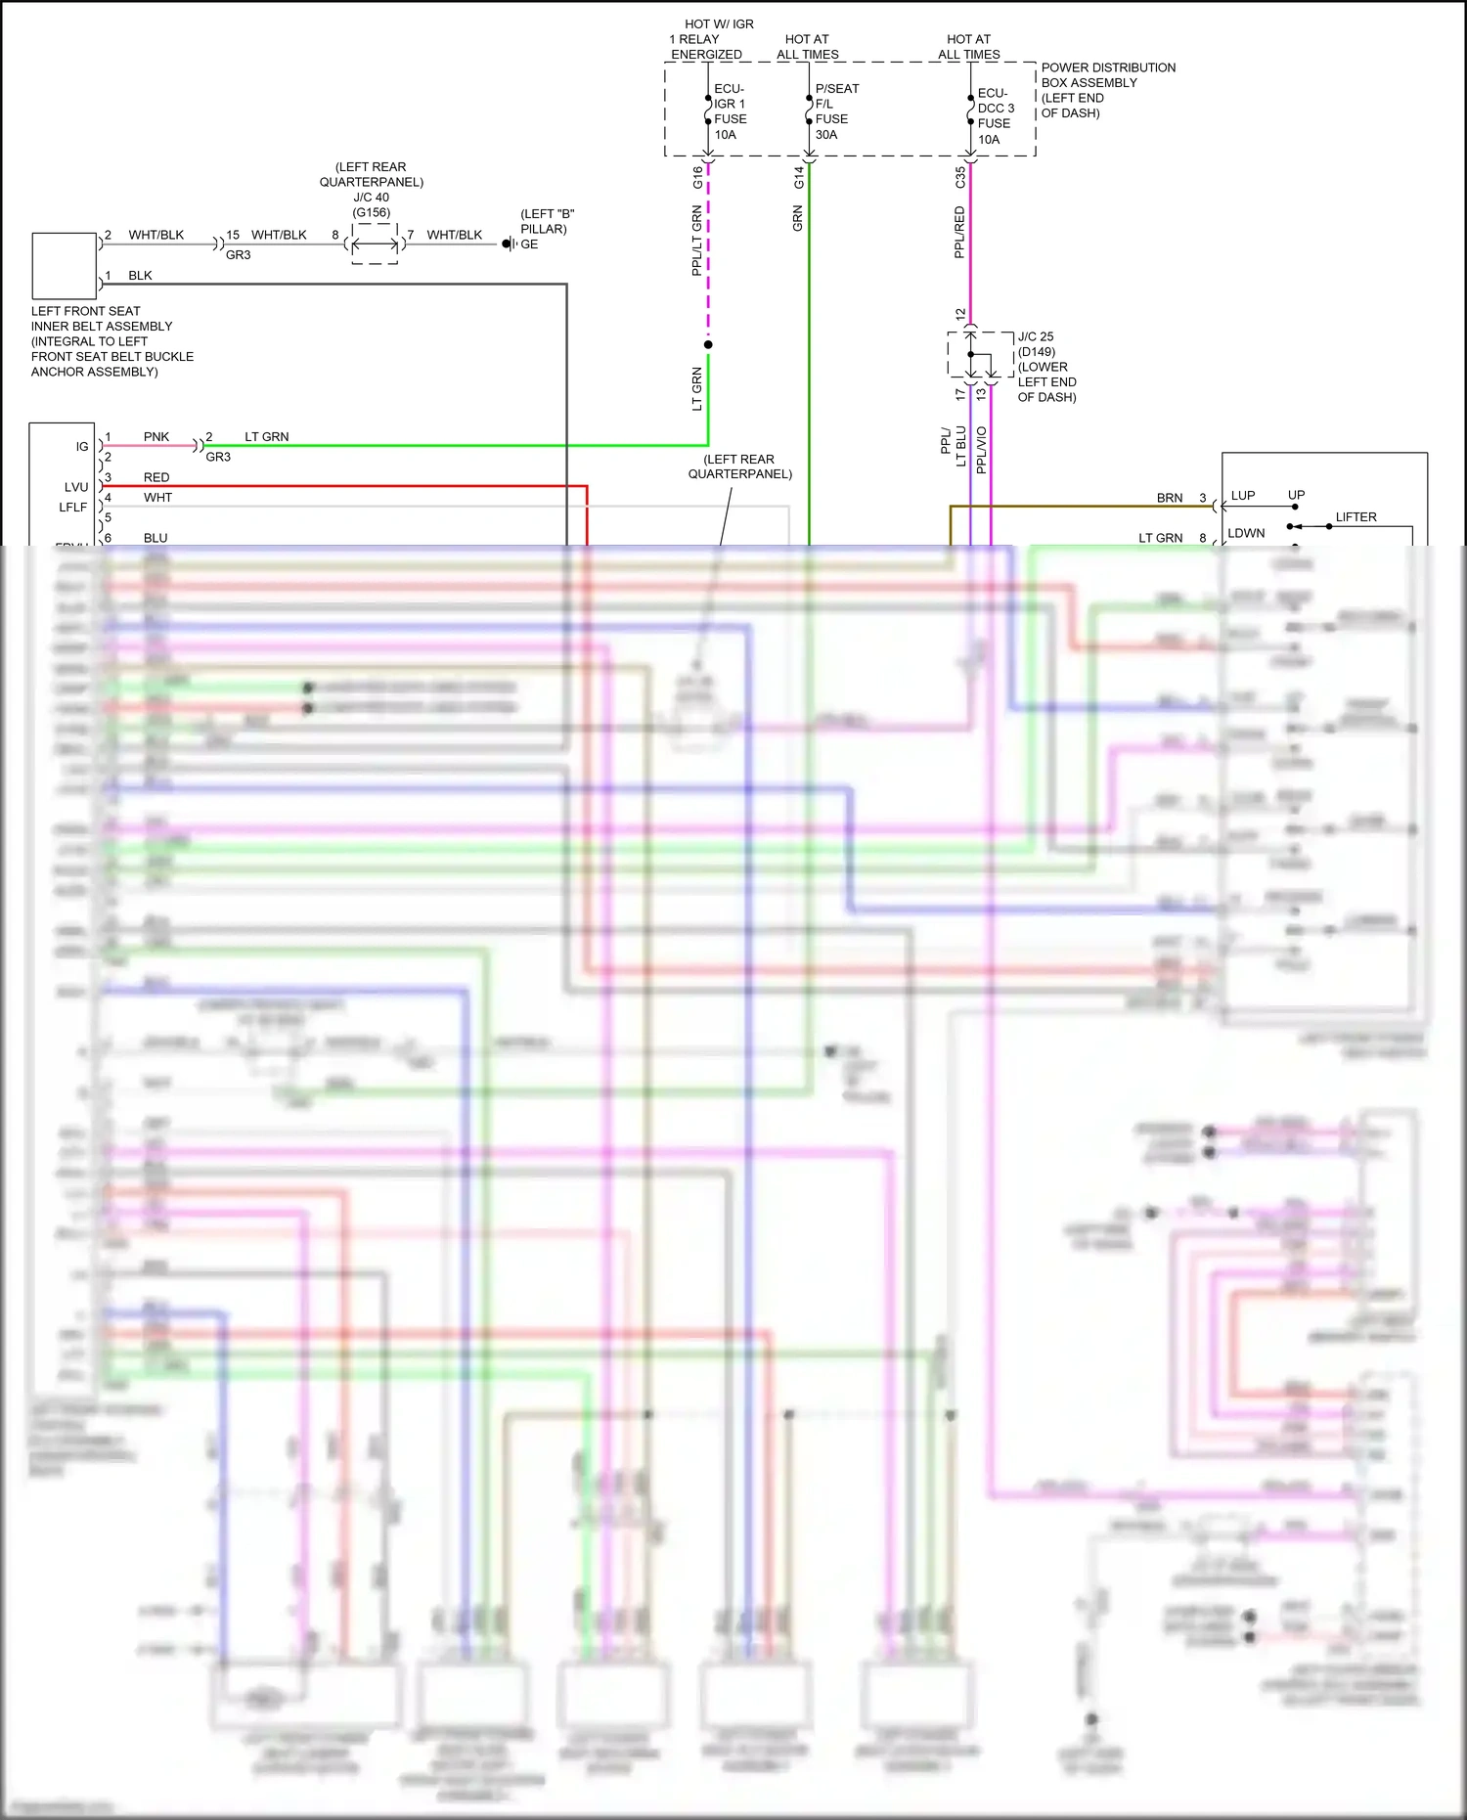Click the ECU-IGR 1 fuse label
coord(730,111)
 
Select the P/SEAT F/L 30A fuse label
coord(836,111)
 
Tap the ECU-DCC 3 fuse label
coord(995,115)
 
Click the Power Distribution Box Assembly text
coord(1107,90)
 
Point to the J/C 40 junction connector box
coord(375,244)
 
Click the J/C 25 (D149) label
coord(1037,344)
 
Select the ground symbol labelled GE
coord(509,244)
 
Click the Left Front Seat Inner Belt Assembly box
coord(64,265)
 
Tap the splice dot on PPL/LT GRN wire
coord(708,344)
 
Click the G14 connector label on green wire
coord(798,177)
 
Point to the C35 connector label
coord(960,177)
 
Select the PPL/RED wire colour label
coord(959,232)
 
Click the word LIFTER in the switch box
coord(1356,517)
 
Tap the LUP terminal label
coord(1242,496)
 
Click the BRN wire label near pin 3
coord(1170,498)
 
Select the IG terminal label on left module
coord(82,446)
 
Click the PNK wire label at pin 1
coord(156,436)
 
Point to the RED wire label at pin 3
coord(156,477)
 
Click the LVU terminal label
coord(76,487)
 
